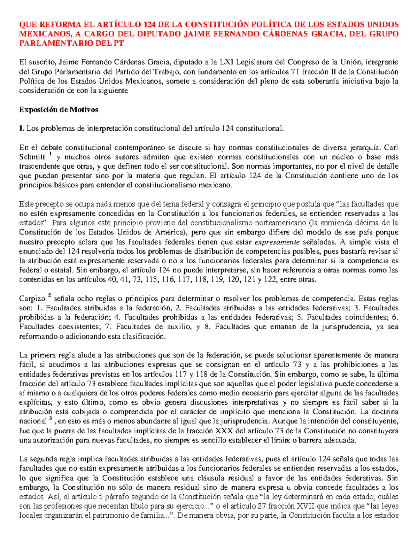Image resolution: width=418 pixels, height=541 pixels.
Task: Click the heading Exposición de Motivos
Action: click(59, 110)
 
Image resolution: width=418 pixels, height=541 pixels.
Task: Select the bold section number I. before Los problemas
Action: click(22, 129)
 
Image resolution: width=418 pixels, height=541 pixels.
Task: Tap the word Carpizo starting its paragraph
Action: click(32, 299)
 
